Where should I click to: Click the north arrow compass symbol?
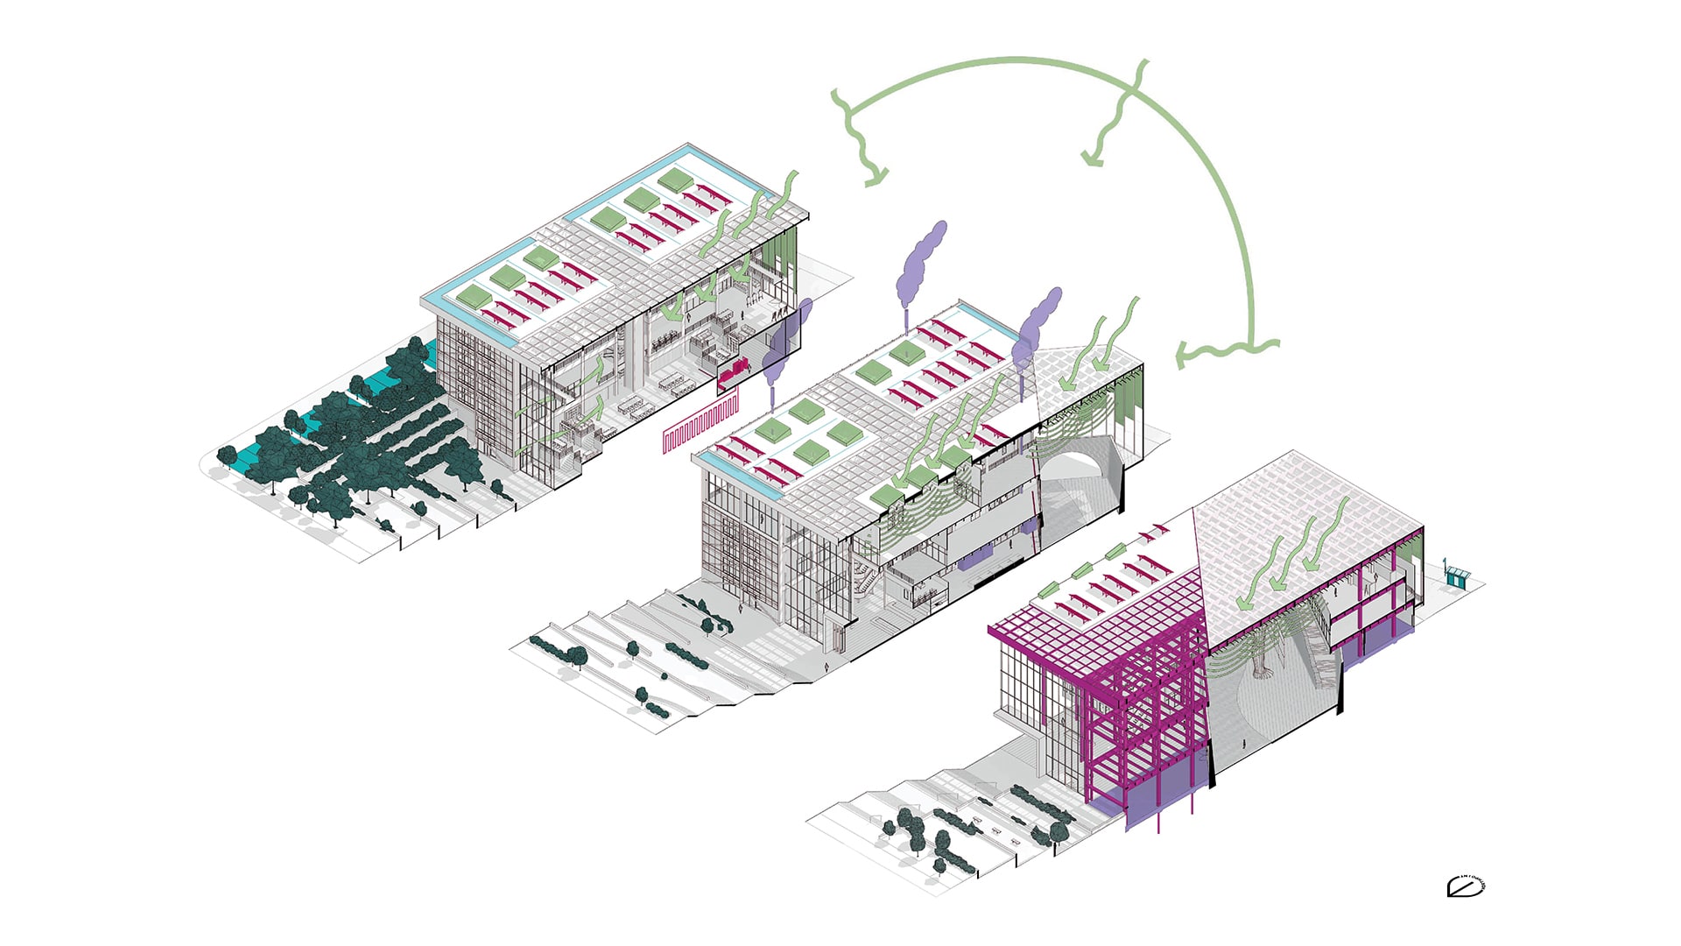point(1466,886)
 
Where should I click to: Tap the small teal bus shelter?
point(1457,575)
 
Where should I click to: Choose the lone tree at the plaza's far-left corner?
point(227,455)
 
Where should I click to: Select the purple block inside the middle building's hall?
point(981,556)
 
